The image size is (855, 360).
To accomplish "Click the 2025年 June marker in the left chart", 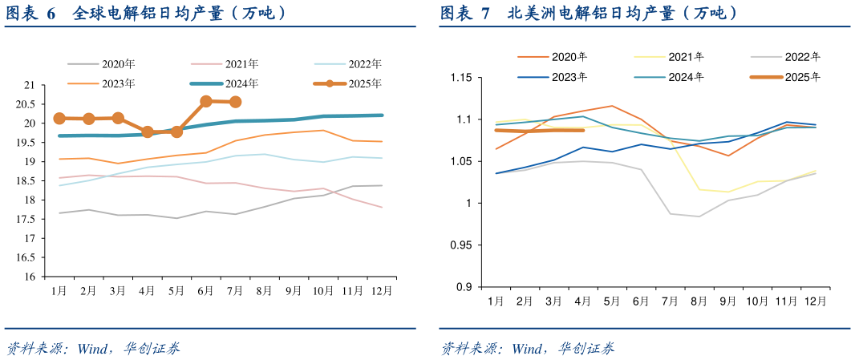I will (x=206, y=101).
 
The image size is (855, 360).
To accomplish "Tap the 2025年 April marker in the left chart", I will (x=148, y=131).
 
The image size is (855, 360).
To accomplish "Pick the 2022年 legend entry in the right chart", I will (x=803, y=57).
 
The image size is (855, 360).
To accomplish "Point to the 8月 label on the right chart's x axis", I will (x=699, y=301).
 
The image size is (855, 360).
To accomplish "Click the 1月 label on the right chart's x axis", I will (x=496, y=301).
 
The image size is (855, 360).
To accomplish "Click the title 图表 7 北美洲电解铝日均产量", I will (x=589, y=13).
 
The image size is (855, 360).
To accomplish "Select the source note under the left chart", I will (x=93, y=348).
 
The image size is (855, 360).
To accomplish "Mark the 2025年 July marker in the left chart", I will (x=236, y=102).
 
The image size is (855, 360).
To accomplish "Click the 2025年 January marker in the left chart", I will (x=59, y=118).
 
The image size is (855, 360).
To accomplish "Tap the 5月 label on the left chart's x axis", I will (x=176, y=289).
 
